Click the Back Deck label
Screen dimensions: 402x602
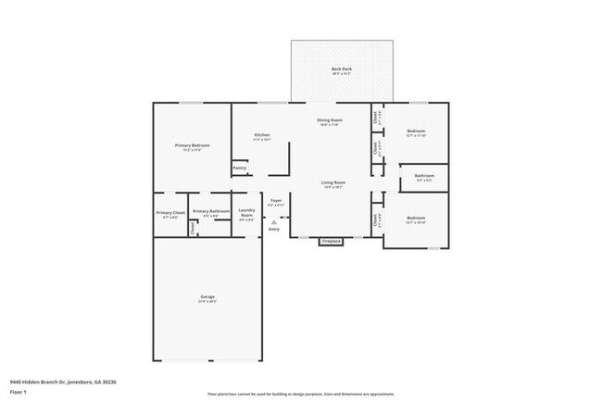pyautogui.click(x=342, y=69)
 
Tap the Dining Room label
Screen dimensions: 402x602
pyautogui.click(x=330, y=120)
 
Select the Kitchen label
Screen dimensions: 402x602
pyautogui.click(x=262, y=136)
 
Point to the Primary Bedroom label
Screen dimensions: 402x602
pyautogui.click(x=193, y=146)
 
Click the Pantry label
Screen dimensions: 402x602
pyautogui.click(x=239, y=168)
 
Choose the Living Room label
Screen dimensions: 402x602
pyautogui.click(x=333, y=182)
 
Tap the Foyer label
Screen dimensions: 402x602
pyautogui.click(x=276, y=201)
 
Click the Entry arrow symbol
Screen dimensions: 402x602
pyautogui.click(x=274, y=221)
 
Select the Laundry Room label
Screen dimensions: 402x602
pyautogui.click(x=246, y=213)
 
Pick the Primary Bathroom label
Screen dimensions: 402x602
pyautogui.click(x=211, y=211)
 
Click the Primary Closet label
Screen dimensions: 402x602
pyautogui.click(x=170, y=213)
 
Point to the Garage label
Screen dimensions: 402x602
pyautogui.click(x=206, y=296)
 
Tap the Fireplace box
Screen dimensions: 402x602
pyautogui.click(x=331, y=242)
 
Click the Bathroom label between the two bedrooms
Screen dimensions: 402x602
pyautogui.click(x=424, y=175)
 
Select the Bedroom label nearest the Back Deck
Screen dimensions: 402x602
pyautogui.click(x=416, y=132)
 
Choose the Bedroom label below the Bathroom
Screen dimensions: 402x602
pyautogui.click(x=416, y=219)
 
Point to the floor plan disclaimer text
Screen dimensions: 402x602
pyautogui.click(x=300, y=394)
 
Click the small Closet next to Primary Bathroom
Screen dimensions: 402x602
pyautogui.click(x=193, y=228)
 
